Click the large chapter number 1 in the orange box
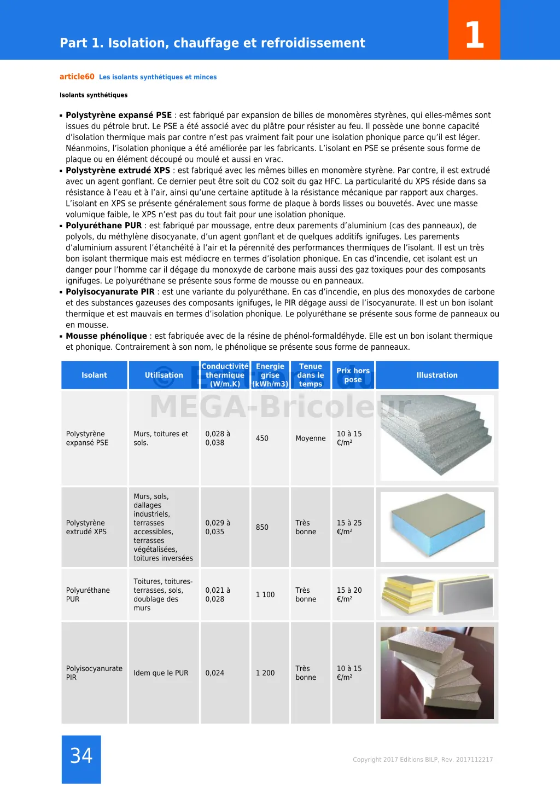(x=474, y=35)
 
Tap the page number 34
(x=81, y=756)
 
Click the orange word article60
(x=77, y=77)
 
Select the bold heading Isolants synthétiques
(x=94, y=95)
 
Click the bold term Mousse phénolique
(x=106, y=336)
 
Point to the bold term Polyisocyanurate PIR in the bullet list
(x=110, y=292)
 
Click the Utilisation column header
(x=164, y=375)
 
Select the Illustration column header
(x=437, y=375)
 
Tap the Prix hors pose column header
(x=353, y=375)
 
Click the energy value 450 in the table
(x=262, y=438)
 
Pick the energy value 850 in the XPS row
(x=262, y=528)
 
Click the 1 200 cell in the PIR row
(x=265, y=673)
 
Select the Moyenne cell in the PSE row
(x=310, y=438)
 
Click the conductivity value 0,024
(x=215, y=673)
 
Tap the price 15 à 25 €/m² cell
(x=349, y=528)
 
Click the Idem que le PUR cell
(x=161, y=673)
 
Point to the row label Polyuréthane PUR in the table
(x=87, y=595)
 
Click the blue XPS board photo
(x=437, y=527)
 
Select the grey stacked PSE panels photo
(x=437, y=438)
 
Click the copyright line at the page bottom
(x=423, y=760)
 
